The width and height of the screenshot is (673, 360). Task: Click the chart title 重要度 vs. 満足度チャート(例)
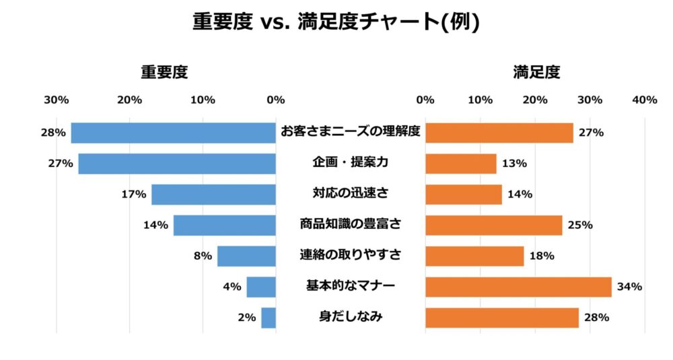[336, 22]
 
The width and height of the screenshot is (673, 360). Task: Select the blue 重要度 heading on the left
[164, 72]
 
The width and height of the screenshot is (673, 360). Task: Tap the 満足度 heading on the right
[536, 72]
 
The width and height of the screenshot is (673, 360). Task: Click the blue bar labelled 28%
[173, 133]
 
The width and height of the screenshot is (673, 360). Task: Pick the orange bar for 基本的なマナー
[518, 287]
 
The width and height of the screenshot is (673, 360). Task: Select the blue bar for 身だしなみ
[269, 318]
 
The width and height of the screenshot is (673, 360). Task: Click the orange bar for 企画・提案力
[460, 164]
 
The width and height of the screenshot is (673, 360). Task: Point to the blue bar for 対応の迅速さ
[213, 194]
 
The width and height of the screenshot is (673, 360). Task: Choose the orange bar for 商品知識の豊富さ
[493, 225]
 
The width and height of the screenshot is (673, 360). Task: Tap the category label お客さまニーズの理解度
[350, 132]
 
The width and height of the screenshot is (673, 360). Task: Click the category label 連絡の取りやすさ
[350, 255]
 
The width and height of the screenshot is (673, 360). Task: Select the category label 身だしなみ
[350, 317]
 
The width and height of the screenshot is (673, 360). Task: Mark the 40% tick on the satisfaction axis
[645, 100]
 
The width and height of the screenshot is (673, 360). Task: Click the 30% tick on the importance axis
[57, 100]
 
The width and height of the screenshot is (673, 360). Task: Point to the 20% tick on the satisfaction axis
[535, 100]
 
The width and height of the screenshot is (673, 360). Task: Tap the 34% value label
[629, 287]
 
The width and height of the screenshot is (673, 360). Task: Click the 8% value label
[203, 256]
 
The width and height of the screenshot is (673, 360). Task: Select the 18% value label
[541, 256]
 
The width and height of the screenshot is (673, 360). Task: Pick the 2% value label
[246, 318]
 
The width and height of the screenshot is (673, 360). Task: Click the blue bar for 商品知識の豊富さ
[224, 225]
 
